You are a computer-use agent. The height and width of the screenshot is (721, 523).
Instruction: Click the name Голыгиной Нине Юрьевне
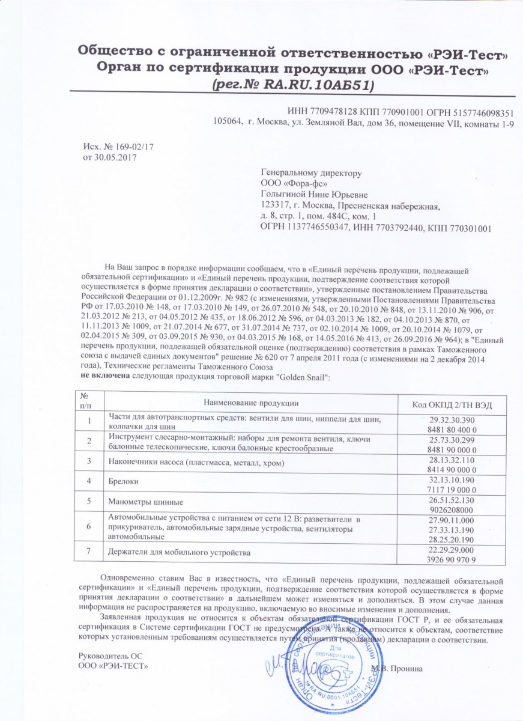point(313,194)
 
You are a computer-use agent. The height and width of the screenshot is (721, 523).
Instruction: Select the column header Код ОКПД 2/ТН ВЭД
point(452,404)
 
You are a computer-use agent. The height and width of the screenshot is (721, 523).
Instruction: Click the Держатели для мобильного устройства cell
point(179,551)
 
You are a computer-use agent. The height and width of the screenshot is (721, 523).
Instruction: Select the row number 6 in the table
point(89,526)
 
